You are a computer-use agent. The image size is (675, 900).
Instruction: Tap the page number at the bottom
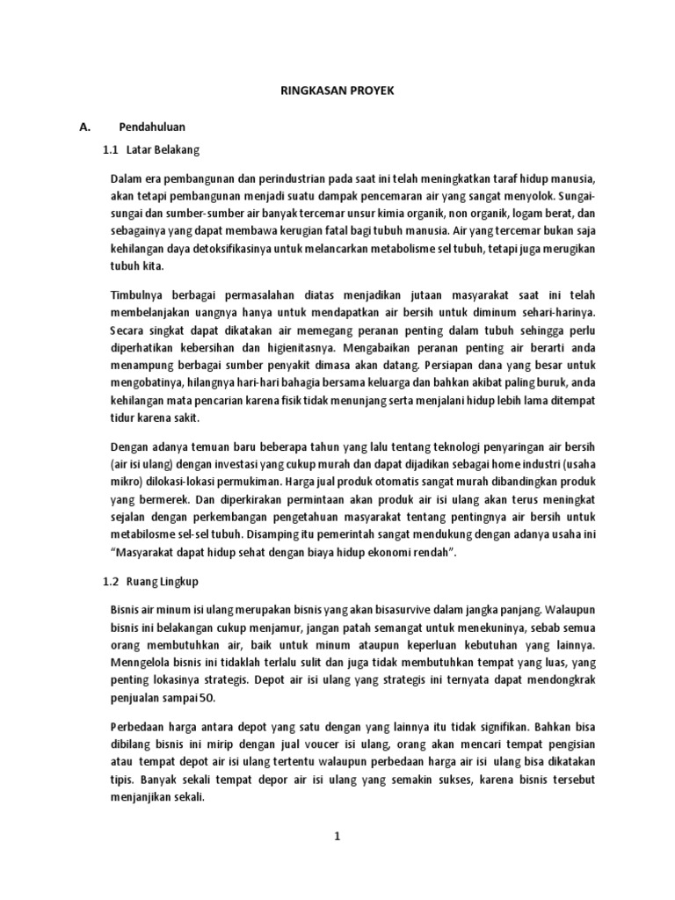tap(337, 836)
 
